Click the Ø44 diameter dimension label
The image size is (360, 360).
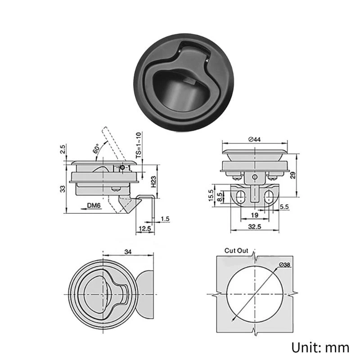tap(254, 140)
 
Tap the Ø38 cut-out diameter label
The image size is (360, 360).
tap(285, 265)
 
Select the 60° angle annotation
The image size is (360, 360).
tap(96, 149)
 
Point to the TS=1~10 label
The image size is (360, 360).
tap(139, 144)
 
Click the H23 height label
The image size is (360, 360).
tap(153, 181)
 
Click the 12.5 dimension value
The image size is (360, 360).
tap(144, 229)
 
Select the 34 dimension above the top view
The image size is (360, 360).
tap(128, 252)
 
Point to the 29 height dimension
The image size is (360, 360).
tap(294, 175)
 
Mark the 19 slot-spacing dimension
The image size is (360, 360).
tap(255, 216)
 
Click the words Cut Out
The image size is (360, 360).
tap(236, 251)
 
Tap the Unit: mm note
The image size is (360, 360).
tap(321, 347)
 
